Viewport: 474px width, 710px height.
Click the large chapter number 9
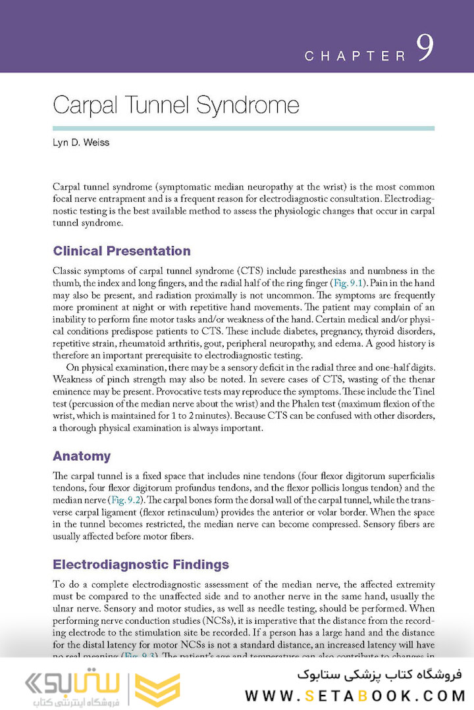click(425, 49)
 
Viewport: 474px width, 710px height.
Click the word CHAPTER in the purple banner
click(355, 56)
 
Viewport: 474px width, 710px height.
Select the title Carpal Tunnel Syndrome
click(176, 105)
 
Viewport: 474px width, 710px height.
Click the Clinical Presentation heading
click(122, 250)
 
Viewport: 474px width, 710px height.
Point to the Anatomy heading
click(82, 456)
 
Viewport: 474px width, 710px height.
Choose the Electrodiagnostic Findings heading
click(141, 564)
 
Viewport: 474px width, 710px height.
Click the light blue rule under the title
click(244, 128)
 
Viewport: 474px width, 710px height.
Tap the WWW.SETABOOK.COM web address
click(355, 694)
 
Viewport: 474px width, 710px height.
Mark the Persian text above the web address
click(381, 674)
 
